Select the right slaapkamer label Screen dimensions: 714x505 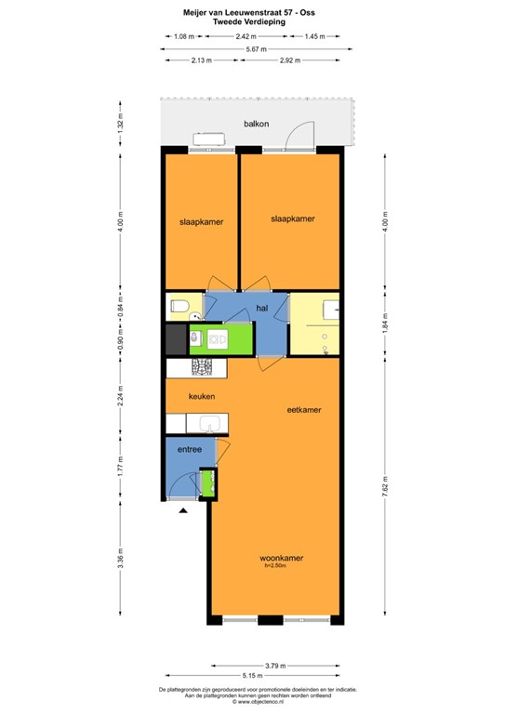pos(292,218)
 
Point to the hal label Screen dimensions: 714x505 pos(262,307)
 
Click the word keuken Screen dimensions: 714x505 pos(202,397)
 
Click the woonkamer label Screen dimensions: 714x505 pos(283,558)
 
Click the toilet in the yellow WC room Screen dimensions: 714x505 pos(179,306)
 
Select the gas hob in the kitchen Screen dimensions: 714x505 pos(202,367)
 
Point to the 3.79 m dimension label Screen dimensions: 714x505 pos(275,666)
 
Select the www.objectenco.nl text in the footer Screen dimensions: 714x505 pos(254,702)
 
